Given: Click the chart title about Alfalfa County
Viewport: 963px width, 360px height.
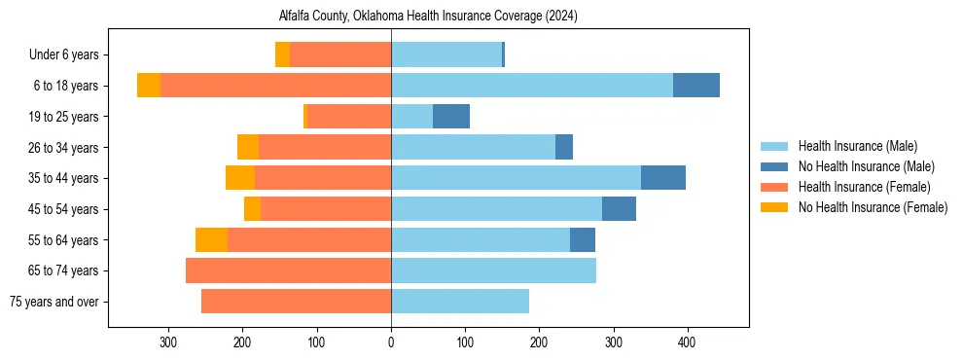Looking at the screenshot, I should [x=429, y=16].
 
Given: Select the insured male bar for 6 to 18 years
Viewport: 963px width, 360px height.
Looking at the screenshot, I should [x=531, y=86].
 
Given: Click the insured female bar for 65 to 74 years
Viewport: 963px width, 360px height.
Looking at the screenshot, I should [x=288, y=270].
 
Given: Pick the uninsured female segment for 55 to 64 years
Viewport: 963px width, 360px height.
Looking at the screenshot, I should [x=211, y=240].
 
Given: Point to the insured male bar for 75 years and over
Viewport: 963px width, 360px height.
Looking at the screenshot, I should [x=460, y=302].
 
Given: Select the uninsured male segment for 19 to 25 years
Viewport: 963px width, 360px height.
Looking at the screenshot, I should [x=451, y=117].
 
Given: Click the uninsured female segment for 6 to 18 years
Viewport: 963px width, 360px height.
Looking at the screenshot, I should [x=149, y=86].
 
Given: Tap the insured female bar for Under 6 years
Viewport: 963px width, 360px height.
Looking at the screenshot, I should [x=340, y=55].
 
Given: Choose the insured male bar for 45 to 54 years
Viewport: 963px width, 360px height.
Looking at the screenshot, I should [x=496, y=209].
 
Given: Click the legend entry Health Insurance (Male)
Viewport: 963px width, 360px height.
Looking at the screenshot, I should [x=857, y=146].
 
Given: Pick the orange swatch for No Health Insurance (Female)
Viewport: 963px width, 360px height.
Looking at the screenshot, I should [x=774, y=207].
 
